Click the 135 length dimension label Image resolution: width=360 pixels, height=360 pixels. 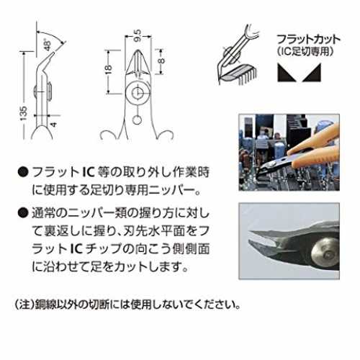[x=24, y=113]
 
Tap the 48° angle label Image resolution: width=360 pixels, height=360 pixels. [x=48, y=45]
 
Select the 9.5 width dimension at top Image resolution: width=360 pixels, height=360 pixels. [x=138, y=35]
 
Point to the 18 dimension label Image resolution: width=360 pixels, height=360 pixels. [x=109, y=68]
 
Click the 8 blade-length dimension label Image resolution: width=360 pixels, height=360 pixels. [x=162, y=60]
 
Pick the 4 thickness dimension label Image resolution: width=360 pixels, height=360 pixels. [x=54, y=125]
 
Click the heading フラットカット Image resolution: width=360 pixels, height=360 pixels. [x=308, y=39]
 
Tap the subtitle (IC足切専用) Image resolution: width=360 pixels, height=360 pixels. [x=305, y=51]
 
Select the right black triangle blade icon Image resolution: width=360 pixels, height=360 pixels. [x=312, y=73]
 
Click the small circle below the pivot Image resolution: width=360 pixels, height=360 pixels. [x=137, y=120]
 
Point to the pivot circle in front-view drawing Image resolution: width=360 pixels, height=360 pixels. [x=137, y=92]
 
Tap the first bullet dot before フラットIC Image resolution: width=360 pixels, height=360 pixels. [x=23, y=172]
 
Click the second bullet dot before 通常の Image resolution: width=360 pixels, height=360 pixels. [x=23, y=213]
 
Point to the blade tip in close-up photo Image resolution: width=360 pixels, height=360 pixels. [x=251, y=233]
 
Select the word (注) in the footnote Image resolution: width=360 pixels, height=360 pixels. [x=24, y=305]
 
